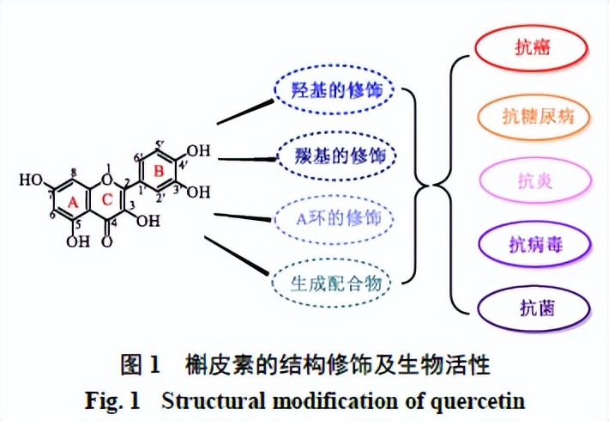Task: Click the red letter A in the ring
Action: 73,200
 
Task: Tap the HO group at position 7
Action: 32,180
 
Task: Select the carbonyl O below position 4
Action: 106,241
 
